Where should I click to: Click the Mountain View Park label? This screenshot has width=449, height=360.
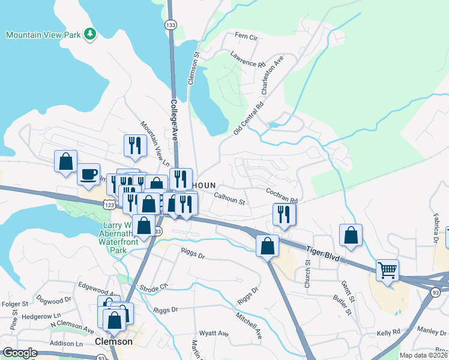pos(43,34)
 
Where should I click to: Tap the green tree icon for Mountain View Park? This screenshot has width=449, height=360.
pos(90,34)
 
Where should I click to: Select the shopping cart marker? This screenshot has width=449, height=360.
pos(387,271)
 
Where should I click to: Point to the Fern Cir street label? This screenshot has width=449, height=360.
pos(246,37)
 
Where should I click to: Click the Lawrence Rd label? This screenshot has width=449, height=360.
pos(247,58)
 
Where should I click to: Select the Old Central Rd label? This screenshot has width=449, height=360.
pos(249,117)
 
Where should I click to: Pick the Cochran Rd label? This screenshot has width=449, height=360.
pos(282,195)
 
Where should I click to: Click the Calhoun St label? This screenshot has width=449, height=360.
pos(229,197)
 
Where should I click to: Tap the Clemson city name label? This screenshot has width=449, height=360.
pos(113,341)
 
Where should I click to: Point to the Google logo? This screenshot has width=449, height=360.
pos(20,353)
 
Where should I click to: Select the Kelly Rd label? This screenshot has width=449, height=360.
pos(388,332)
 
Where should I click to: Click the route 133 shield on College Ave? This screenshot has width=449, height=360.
pos(172,25)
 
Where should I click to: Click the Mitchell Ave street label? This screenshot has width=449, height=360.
pos(249,325)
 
